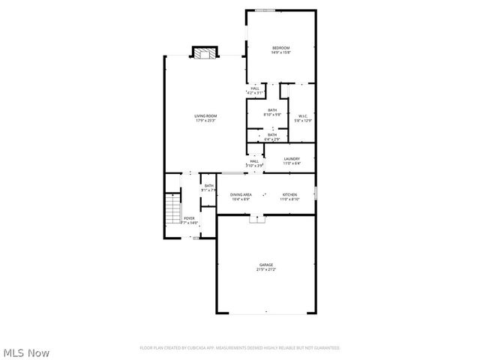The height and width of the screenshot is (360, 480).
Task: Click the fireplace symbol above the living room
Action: [205, 52]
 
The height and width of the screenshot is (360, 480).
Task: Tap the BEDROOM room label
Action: [280, 48]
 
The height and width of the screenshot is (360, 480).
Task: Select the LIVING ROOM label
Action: [205, 115]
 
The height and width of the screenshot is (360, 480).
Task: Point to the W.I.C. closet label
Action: [303, 115]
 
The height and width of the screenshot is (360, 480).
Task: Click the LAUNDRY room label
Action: [292, 159]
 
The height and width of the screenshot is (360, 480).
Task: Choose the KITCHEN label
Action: [289, 195]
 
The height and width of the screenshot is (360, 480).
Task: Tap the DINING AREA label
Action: [241, 195]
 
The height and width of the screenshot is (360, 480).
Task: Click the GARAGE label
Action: [266, 265]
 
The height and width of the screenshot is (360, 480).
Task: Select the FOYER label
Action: [189, 219]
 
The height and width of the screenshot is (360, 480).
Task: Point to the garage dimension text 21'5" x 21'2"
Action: [266, 269]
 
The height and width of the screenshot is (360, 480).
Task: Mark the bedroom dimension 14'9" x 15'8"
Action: [280, 52]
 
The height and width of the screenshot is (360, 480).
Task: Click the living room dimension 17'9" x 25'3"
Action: [205, 120]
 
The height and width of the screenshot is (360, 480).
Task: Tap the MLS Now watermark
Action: [26, 352]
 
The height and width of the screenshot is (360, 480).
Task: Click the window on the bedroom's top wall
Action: [264, 10]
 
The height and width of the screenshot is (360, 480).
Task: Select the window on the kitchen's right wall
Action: [316, 193]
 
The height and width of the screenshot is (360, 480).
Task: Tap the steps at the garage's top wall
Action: [257, 219]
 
